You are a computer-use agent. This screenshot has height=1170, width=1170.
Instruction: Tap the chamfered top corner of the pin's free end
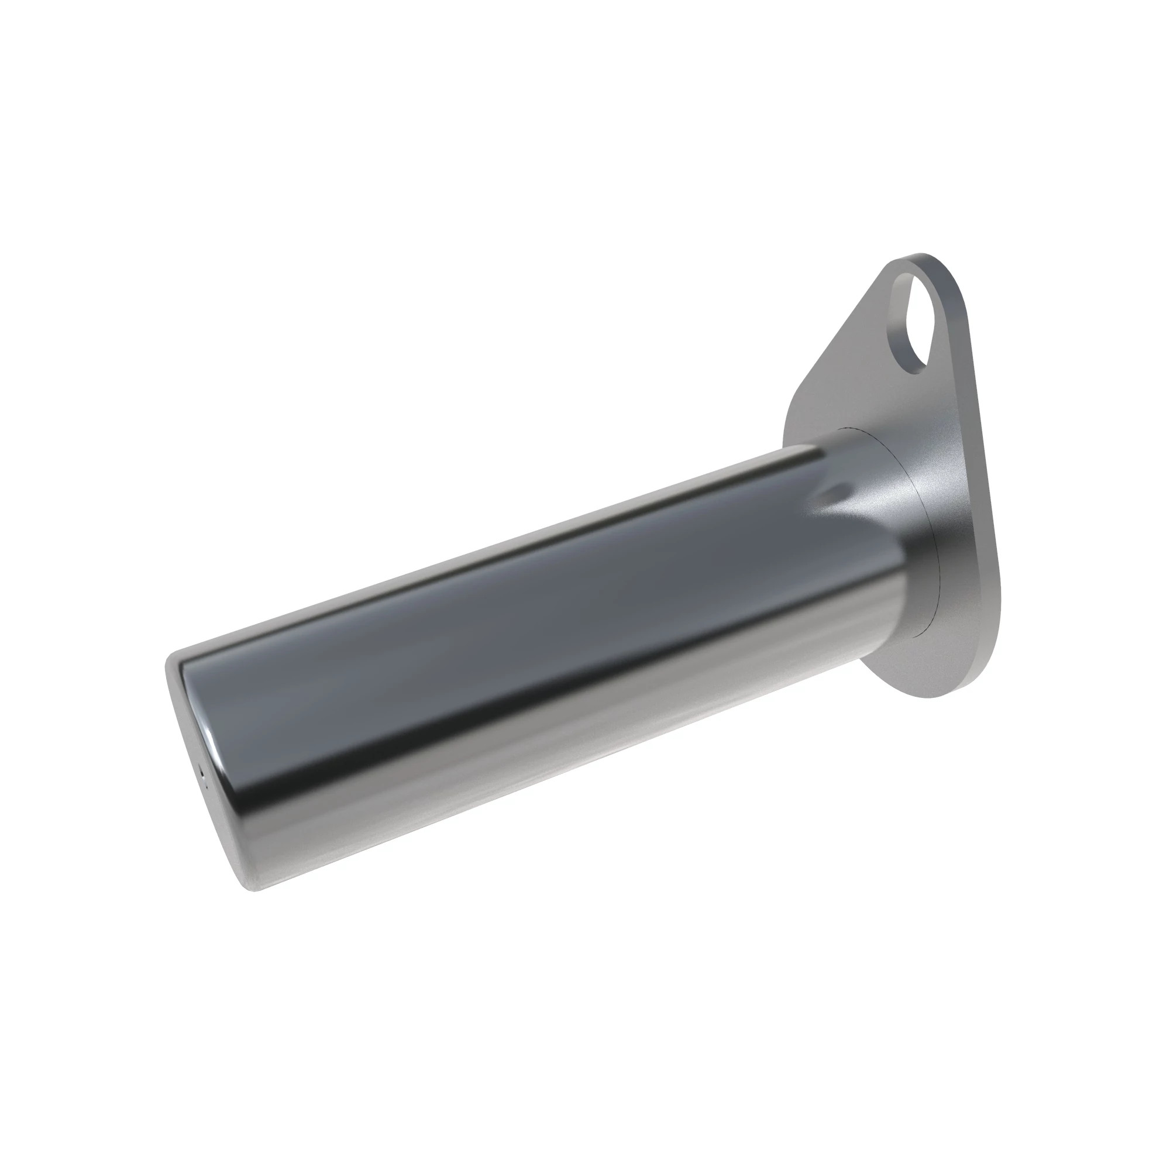click(175, 657)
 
